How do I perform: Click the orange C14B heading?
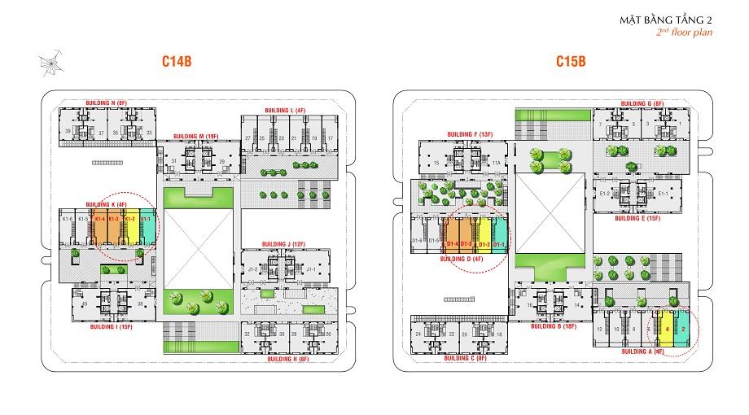(176, 60)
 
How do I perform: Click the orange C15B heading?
(572, 60)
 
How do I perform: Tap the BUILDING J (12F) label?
(283, 243)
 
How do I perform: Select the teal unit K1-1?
(147, 230)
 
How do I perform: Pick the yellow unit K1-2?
(130, 230)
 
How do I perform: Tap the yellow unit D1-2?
(484, 236)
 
